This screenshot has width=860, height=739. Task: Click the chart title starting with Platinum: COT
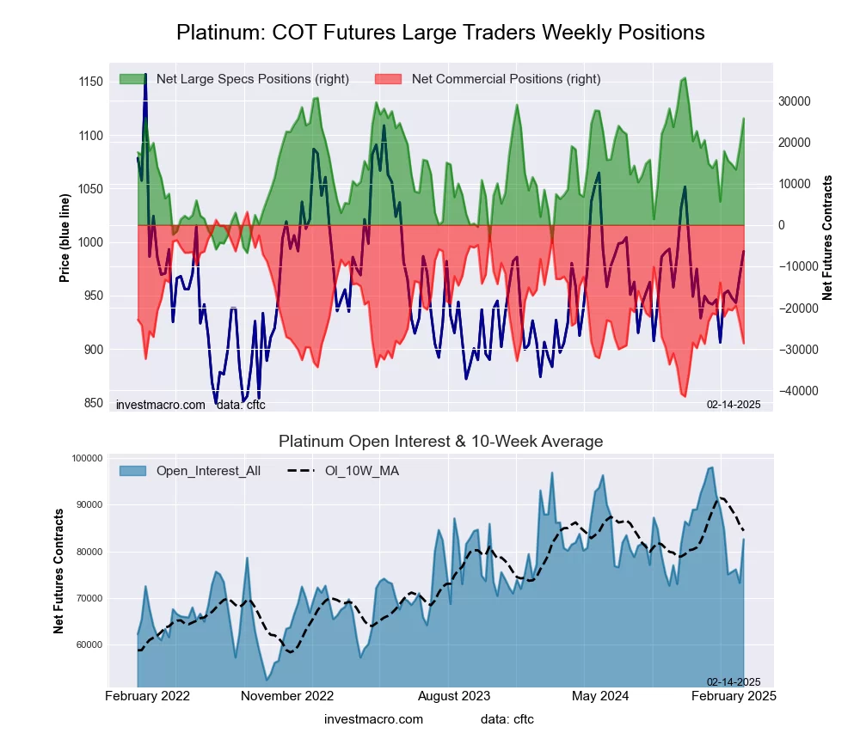click(440, 33)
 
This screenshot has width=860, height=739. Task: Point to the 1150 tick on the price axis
click(89, 82)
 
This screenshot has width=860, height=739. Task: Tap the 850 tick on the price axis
click(92, 403)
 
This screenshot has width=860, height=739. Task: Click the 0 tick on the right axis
click(782, 225)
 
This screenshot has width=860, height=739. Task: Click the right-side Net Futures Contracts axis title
click(828, 237)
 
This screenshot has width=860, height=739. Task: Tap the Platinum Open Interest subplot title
click(440, 442)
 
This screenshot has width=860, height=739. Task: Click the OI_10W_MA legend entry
click(361, 470)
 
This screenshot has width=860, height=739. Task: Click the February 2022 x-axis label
click(147, 696)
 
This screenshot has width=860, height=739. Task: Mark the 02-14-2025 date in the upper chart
click(734, 405)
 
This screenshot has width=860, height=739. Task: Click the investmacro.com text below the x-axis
click(373, 719)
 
